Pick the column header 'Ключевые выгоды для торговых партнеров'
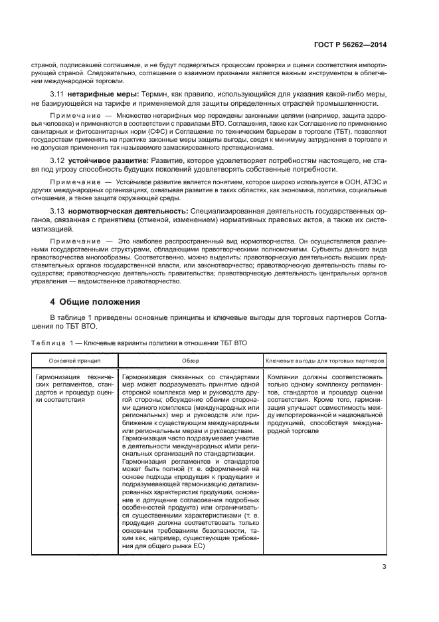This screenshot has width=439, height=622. point(325,360)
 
